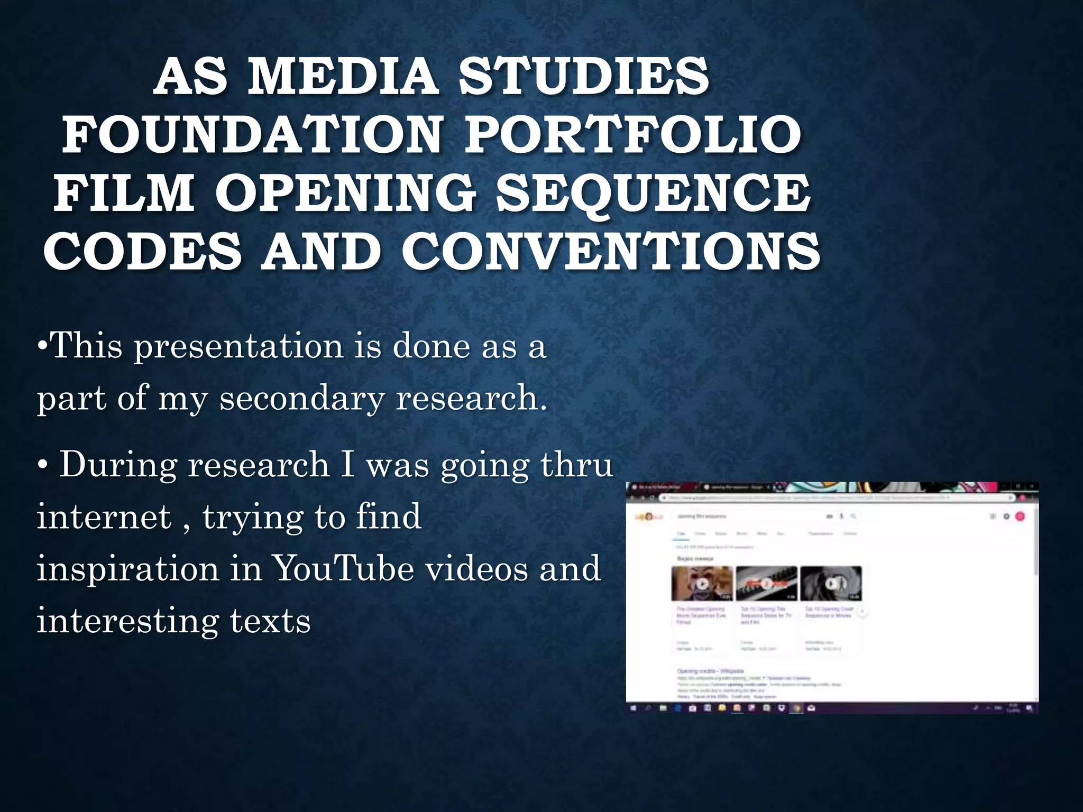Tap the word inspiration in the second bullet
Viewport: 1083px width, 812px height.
(x=127, y=569)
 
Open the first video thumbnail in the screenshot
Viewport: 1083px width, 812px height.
(x=702, y=584)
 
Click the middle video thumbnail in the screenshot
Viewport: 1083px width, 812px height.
(x=766, y=584)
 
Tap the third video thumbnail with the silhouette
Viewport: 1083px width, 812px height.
(x=831, y=584)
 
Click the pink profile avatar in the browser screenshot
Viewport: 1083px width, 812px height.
(x=1020, y=516)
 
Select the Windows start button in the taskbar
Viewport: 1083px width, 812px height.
(x=634, y=708)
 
